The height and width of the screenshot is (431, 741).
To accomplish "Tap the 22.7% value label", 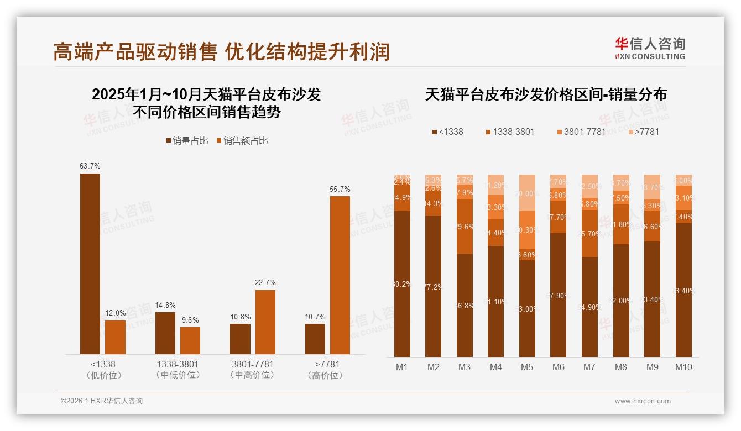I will [265, 282].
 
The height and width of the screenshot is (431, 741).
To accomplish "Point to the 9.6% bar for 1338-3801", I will [190, 340].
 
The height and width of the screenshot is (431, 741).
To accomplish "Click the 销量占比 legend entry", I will [187, 141].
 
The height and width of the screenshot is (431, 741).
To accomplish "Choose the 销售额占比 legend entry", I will [242, 141].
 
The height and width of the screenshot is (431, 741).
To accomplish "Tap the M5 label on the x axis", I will [527, 367].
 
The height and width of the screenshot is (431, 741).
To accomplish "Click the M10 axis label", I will [683, 367].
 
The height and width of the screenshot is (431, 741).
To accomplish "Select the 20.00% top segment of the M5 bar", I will [528, 193].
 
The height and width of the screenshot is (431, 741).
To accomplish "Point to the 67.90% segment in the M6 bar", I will [559, 295].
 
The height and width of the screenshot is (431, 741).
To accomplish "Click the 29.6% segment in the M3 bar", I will [465, 227].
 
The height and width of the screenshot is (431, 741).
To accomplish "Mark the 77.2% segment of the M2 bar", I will [434, 286].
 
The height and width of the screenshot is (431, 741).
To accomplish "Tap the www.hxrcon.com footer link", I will [643, 401].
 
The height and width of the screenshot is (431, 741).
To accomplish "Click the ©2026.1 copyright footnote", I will [102, 401].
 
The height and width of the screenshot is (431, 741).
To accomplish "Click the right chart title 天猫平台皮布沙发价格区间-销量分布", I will [546, 94].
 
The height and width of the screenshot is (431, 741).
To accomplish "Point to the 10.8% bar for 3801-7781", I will [240, 339].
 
